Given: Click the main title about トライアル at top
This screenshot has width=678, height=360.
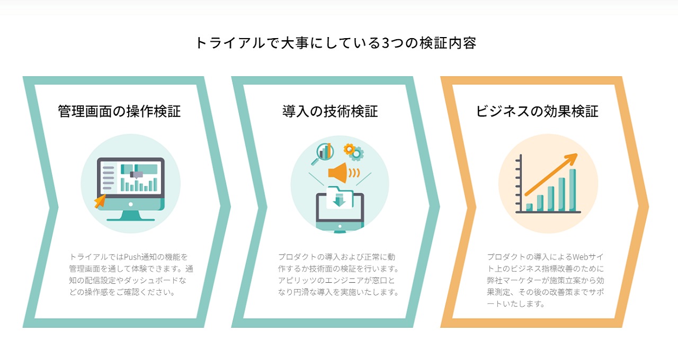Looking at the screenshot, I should point(336,42).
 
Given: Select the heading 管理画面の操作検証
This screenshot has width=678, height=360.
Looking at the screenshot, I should point(119,111).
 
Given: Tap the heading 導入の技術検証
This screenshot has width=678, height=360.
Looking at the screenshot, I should point(330,111).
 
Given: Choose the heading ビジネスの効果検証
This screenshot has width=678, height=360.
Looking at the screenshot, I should point(537,111).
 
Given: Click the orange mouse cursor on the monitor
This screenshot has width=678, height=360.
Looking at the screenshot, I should point(99,202).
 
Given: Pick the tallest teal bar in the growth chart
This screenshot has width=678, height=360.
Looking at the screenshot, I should point(572,190).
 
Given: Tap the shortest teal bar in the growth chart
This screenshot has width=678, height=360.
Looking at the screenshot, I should point(529,207).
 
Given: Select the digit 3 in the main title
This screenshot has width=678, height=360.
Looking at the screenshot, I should point(385,42).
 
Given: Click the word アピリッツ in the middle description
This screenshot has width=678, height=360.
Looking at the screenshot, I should point(299,280).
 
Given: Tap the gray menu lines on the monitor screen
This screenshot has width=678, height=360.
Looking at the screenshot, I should point(108,178).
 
